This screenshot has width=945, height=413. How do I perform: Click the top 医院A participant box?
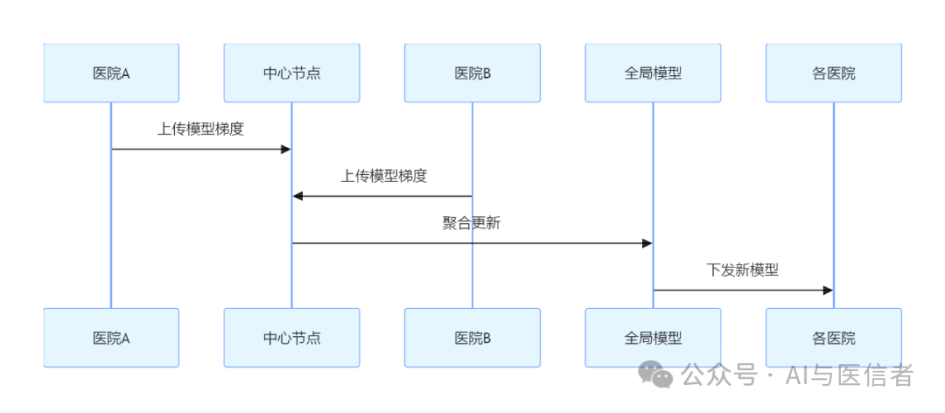coord(111,73)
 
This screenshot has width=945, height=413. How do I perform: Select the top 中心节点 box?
coord(291,73)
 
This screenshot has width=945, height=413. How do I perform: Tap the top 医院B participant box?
coord(472,73)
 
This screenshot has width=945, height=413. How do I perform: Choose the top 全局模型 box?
coord(653,73)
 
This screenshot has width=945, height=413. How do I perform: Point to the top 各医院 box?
coord(833,73)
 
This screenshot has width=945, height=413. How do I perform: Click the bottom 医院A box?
coord(111,338)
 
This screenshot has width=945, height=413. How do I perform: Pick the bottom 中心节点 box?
coord(291,338)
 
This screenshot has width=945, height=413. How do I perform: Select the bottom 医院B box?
coord(472,338)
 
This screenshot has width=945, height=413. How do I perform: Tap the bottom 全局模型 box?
coord(653,338)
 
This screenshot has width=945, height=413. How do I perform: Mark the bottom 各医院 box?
coord(833,338)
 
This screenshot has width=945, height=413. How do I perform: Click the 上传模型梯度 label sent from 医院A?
coord(200,129)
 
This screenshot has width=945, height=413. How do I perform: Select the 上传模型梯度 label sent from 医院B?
coord(384,176)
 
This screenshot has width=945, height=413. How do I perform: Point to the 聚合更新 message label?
coord(472,222)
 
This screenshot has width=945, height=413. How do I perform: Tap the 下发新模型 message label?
coord(743,269)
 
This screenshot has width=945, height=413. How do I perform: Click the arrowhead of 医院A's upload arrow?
coord(285,150)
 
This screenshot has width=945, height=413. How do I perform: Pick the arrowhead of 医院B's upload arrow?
coord(297,196)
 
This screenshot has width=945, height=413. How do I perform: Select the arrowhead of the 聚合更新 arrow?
coord(647,243)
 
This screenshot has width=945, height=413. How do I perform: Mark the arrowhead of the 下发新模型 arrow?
coord(827,290)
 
